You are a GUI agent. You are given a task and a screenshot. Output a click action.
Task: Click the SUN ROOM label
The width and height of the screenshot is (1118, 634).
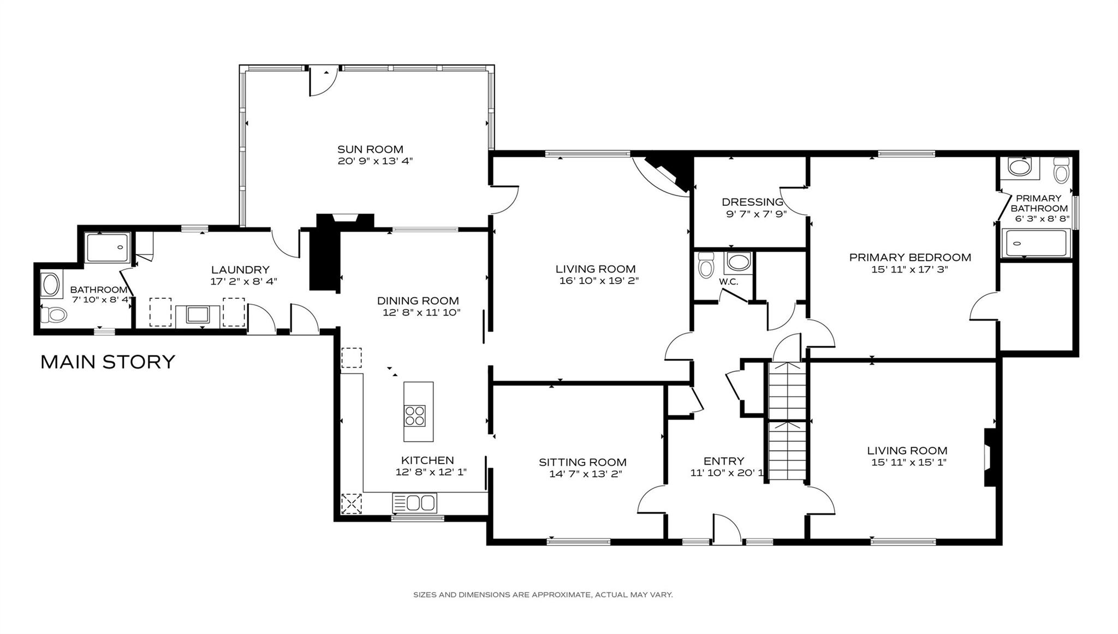370,149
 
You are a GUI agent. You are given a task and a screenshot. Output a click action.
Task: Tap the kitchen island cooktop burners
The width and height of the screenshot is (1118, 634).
414,416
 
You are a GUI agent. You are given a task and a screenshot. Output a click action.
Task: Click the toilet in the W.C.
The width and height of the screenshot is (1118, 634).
706,267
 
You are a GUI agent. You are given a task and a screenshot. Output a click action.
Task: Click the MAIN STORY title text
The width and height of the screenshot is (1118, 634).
108,362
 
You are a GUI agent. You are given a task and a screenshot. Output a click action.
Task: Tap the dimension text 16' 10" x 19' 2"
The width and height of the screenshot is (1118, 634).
599,281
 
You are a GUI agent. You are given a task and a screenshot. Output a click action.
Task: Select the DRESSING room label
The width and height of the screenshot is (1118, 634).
752,202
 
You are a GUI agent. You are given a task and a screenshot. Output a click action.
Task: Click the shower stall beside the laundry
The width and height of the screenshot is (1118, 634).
108,247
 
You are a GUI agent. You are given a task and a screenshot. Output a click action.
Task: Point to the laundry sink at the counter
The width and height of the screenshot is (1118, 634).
197,315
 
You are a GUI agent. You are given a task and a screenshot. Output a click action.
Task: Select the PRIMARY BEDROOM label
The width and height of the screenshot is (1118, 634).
910,257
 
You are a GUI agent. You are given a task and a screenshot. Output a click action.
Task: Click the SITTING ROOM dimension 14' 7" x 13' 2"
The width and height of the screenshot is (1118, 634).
585,474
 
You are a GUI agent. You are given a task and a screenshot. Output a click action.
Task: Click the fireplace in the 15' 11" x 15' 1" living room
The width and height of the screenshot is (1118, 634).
989,457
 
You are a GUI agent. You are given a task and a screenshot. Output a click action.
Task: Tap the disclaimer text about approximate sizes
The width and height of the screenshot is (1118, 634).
543,595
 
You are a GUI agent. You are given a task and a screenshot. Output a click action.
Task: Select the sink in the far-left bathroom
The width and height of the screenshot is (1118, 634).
50,285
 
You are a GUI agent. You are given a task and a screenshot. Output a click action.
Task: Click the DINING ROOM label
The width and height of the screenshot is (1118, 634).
418,300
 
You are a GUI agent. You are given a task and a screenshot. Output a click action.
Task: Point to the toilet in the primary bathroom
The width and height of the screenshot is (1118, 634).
1061,171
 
